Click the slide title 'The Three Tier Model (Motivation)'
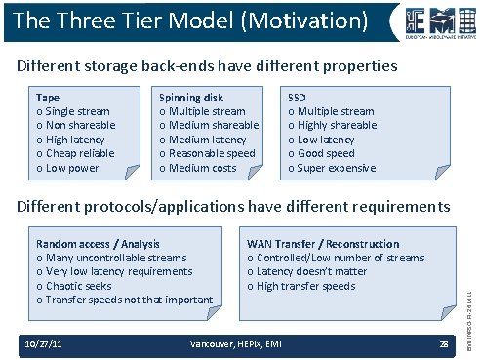click(191, 20)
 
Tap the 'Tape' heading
click(47, 98)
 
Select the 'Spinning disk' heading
click(191, 98)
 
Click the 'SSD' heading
click(298, 98)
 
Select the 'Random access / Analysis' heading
click(98, 244)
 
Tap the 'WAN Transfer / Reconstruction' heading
click(323, 244)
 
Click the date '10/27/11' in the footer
click(46, 344)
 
